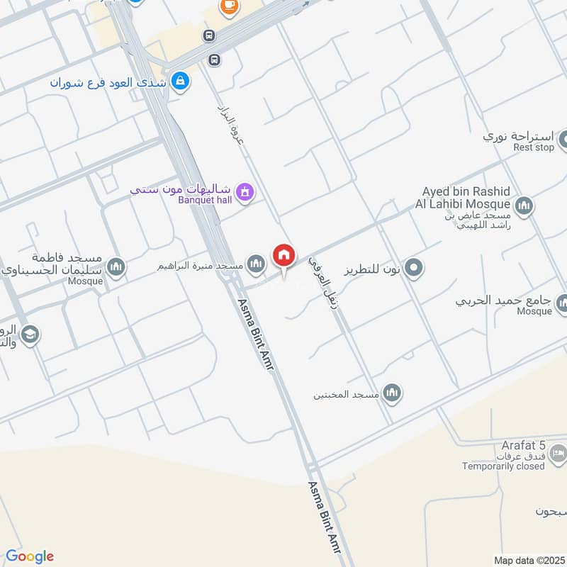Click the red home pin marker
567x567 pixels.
284,254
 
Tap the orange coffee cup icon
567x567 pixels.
228,6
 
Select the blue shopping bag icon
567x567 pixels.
181,82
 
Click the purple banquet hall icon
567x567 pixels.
245,191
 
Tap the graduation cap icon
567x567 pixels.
30,335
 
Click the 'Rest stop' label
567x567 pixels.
533,147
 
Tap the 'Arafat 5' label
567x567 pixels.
522,445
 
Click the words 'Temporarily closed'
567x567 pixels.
503,466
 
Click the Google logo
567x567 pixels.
30,556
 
